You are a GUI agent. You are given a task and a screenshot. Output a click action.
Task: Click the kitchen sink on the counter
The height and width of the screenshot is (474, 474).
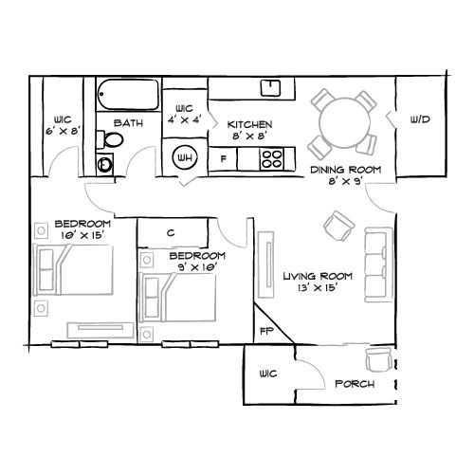click(270, 88)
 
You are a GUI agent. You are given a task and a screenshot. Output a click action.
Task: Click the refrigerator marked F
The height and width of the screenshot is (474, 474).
click(224, 157)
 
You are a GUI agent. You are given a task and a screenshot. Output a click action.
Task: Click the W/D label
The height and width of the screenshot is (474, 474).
click(421, 119)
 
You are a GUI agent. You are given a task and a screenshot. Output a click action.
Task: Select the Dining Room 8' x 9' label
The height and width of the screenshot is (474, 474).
click(345, 174)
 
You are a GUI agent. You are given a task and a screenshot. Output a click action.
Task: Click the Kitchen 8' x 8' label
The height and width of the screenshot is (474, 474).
click(250, 130)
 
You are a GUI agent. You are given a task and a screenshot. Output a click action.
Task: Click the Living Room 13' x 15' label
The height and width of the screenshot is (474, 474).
click(318, 283)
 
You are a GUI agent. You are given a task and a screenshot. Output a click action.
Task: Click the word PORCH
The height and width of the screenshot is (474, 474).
click(354, 385)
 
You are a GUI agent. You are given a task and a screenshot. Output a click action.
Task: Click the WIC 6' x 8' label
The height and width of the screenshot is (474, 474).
click(63, 125)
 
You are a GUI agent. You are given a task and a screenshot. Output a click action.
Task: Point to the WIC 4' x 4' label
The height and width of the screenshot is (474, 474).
click(184, 114)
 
